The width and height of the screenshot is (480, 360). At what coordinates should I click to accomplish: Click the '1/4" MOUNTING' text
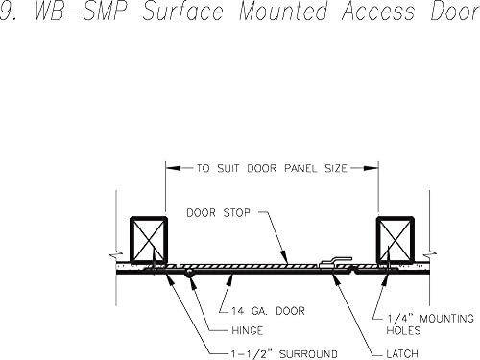[422, 316]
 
